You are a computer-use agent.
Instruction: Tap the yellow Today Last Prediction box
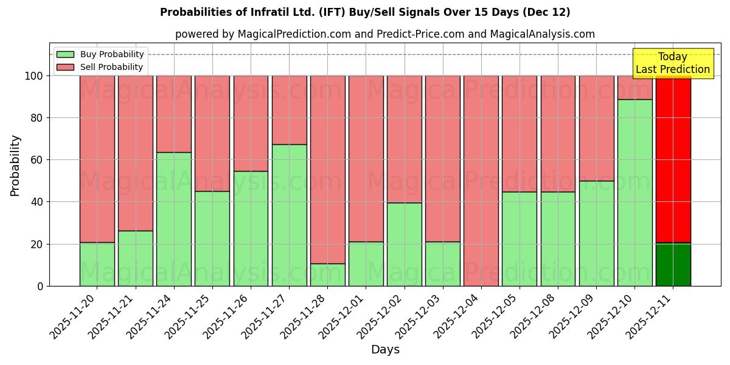pos(672,63)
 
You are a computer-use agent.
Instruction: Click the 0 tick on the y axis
pos(40,286)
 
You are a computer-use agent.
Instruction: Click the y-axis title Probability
pos(15,165)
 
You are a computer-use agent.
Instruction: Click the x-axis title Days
pos(385,350)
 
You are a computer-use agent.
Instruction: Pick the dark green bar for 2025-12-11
pos(673,265)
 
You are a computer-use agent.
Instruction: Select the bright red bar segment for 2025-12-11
pos(673,158)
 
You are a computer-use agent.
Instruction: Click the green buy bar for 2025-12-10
pos(634,193)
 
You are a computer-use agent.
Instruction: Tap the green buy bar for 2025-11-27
pos(289,215)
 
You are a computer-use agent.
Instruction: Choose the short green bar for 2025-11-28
pos(327,275)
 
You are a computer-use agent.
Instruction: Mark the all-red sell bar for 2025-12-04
pos(481,181)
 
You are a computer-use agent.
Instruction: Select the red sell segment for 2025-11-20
pos(97,159)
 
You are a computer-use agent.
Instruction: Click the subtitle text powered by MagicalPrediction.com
pos(384,34)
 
